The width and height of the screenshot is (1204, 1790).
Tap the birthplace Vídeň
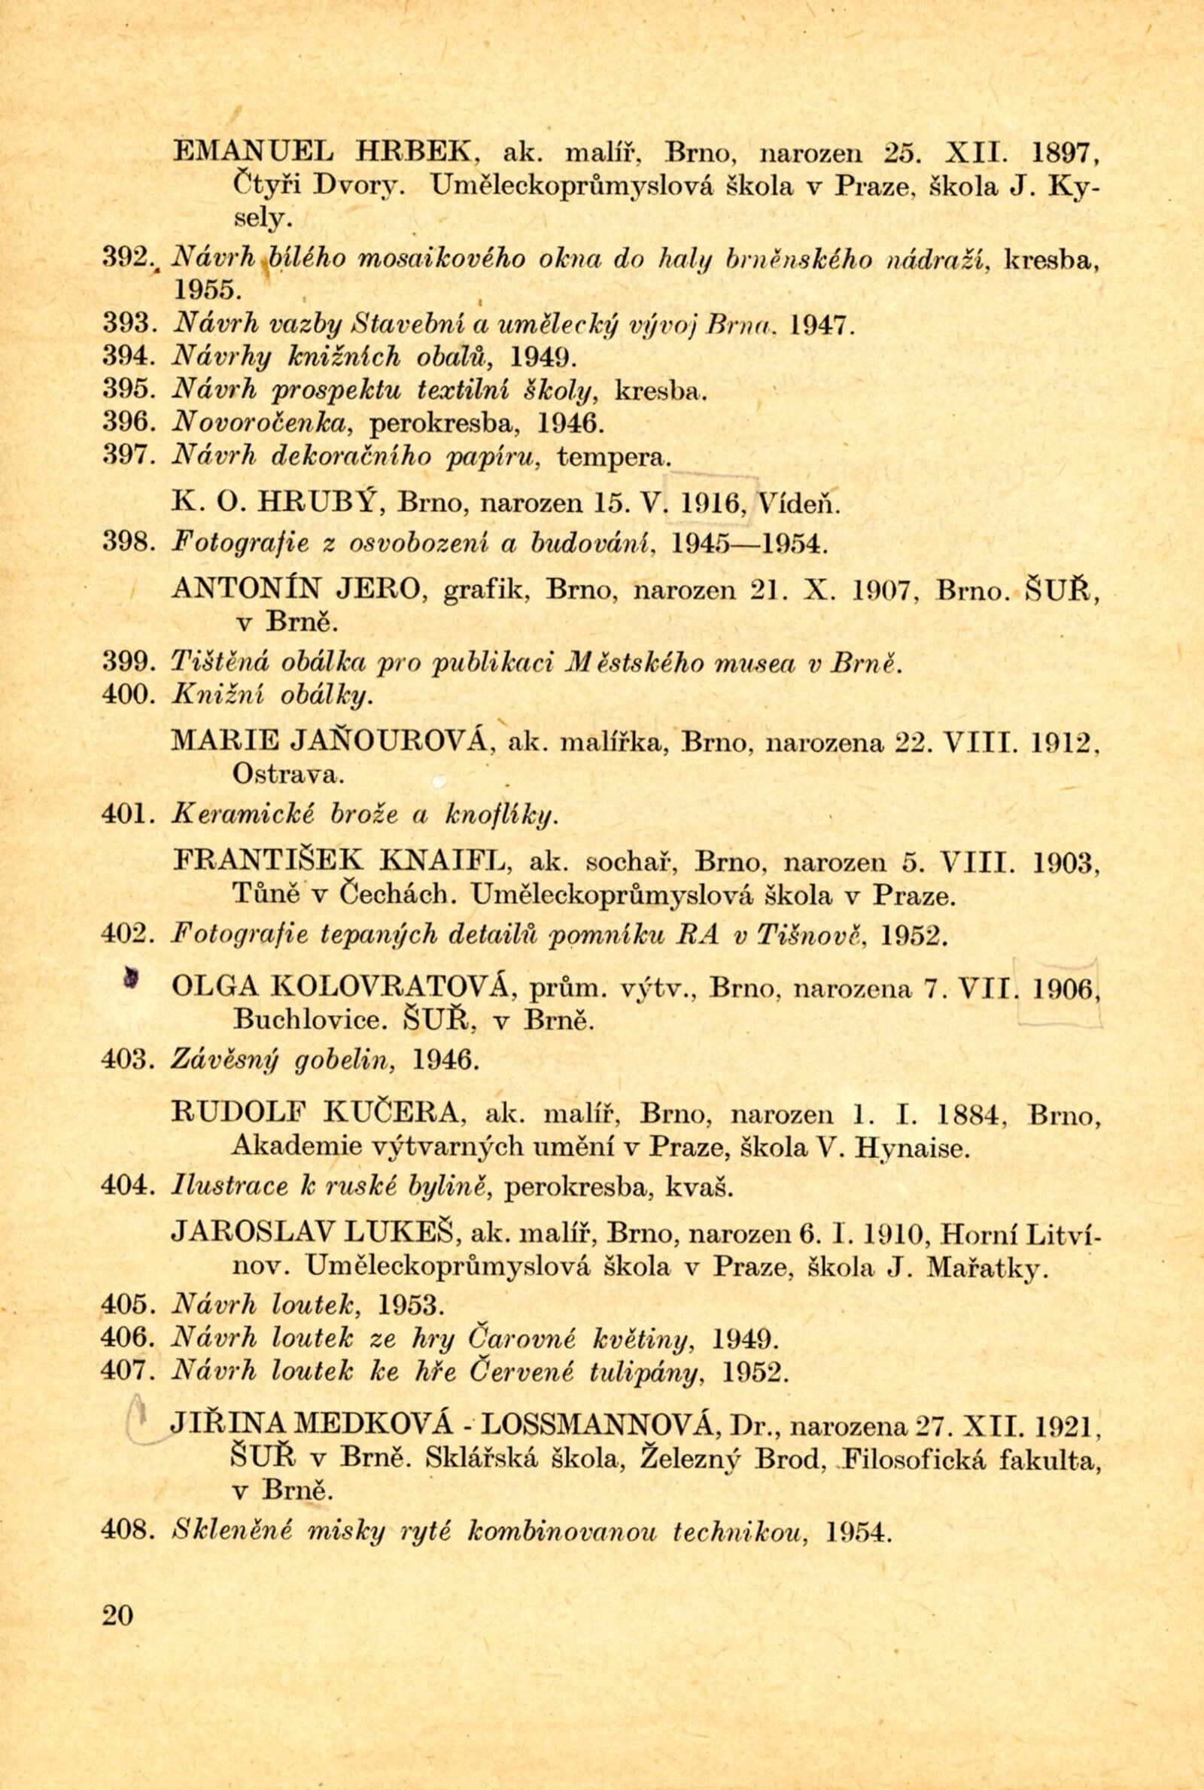click(799, 504)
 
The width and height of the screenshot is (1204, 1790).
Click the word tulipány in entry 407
click(646, 1373)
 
